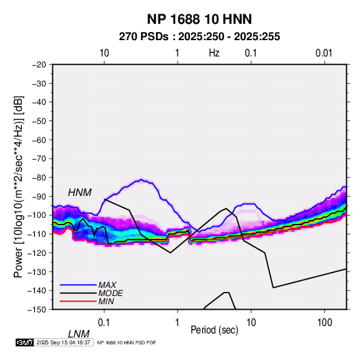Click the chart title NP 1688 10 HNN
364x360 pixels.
[199, 19]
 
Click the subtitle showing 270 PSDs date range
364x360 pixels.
[199, 37]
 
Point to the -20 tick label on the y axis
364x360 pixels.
[39, 65]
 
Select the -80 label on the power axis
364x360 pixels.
[39, 178]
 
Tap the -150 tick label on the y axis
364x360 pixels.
[37, 310]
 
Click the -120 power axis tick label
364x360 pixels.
[37, 252]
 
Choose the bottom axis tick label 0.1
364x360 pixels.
[104, 323]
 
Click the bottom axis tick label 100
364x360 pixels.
[325, 323]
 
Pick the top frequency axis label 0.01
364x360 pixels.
[324, 53]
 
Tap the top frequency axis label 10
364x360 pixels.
[104, 53]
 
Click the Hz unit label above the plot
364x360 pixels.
[214, 53]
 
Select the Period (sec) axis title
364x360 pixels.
[214, 330]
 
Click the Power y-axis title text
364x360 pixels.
[18, 186]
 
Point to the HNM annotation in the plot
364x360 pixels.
[80, 193]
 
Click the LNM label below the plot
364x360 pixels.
[78, 334]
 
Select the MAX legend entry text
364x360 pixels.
[107, 284]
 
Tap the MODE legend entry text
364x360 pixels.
[110, 293]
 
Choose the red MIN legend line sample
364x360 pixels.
[78, 301]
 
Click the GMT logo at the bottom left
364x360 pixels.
[25, 342]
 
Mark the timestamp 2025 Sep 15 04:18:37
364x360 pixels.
[63, 342]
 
